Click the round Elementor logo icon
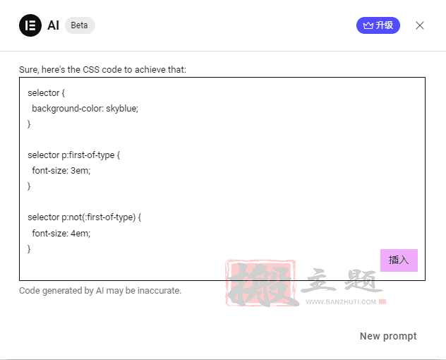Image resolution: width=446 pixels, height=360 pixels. pyautogui.click(x=30, y=25)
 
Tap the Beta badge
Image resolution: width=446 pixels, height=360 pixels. pyautogui.click(x=80, y=25)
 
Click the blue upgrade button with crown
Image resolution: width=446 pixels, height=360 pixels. pyautogui.click(x=378, y=25)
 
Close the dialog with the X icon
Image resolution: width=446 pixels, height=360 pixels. pyautogui.click(x=420, y=25)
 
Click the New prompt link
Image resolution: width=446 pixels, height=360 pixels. pyautogui.click(x=388, y=336)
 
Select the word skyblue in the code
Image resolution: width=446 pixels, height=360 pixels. pyautogui.click(x=122, y=109)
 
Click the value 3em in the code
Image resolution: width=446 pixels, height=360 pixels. pyautogui.click(x=80, y=170)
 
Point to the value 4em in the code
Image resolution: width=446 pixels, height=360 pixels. pyautogui.click(x=80, y=234)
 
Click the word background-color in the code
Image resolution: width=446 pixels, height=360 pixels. pyautogui.click(x=68, y=109)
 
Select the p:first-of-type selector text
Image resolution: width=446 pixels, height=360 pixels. pyautogui.click(x=88, y=155)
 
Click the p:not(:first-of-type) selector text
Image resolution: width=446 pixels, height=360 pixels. pyautogui.click(x=98, y=217)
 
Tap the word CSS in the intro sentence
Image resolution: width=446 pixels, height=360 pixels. pyautogui.click(x=91, y=69)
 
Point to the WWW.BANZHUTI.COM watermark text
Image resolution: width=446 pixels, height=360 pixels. pyautogui.click(x=341, y=302)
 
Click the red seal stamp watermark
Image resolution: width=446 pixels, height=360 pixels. pyautogui.click(x=261, y=282)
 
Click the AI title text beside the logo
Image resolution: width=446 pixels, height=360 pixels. pyautogui.click(x=53, y=25)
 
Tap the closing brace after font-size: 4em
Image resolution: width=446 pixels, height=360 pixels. pyautogui.click(x=29, y=249)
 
